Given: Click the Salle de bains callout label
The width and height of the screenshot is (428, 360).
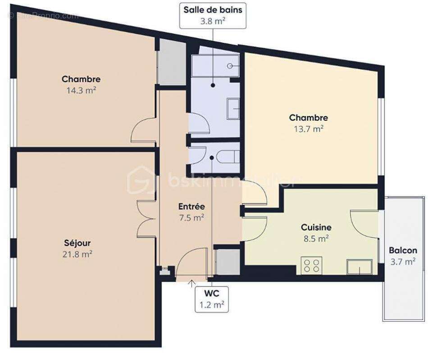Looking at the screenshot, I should (213, 15).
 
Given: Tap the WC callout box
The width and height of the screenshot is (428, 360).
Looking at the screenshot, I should (211, 299).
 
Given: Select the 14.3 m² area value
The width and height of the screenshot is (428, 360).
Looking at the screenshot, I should (81, 90).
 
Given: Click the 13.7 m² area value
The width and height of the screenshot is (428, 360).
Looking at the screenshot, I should (308, 128).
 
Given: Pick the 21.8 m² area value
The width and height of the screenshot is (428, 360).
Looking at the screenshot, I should (78, 254).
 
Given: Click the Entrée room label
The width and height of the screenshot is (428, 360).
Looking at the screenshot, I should (191, 207).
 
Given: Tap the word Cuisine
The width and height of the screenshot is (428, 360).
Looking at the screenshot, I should (316, 228).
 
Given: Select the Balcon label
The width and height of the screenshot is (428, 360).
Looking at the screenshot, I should (403, 251).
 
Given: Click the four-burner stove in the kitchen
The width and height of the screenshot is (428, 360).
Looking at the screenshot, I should (312, 265).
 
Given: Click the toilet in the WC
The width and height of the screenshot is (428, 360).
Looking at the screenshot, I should (227, 157).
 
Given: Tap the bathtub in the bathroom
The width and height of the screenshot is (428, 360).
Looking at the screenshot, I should (214, 66).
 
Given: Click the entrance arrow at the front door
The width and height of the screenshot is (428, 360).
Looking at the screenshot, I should (191, 283).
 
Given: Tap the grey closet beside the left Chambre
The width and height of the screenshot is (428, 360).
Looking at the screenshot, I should (172, 63).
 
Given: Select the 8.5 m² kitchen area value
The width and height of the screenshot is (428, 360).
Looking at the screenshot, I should (316, 238).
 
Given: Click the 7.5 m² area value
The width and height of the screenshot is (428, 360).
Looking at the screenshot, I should (191, 217).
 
